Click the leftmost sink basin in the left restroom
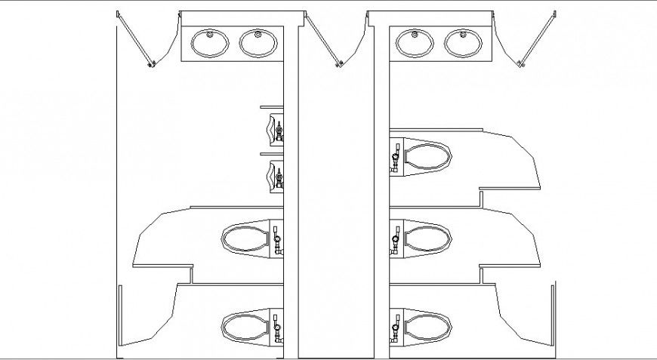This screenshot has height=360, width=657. tap(211, 44)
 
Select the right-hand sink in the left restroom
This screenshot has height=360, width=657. tap(258, 44)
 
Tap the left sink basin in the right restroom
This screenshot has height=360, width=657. tap(415, 43)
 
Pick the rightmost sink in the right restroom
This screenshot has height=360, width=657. tap(462, 43)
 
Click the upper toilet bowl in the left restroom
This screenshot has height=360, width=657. tap(245, 239)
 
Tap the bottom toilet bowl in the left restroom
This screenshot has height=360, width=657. tap(245, 327)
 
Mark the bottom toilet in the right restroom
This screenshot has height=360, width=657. tap(427, 327)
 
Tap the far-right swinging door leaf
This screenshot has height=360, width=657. tap(538, 39)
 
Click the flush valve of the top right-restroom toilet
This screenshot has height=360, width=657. tap(395, 159)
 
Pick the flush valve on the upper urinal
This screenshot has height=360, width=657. tap(279, 131)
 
